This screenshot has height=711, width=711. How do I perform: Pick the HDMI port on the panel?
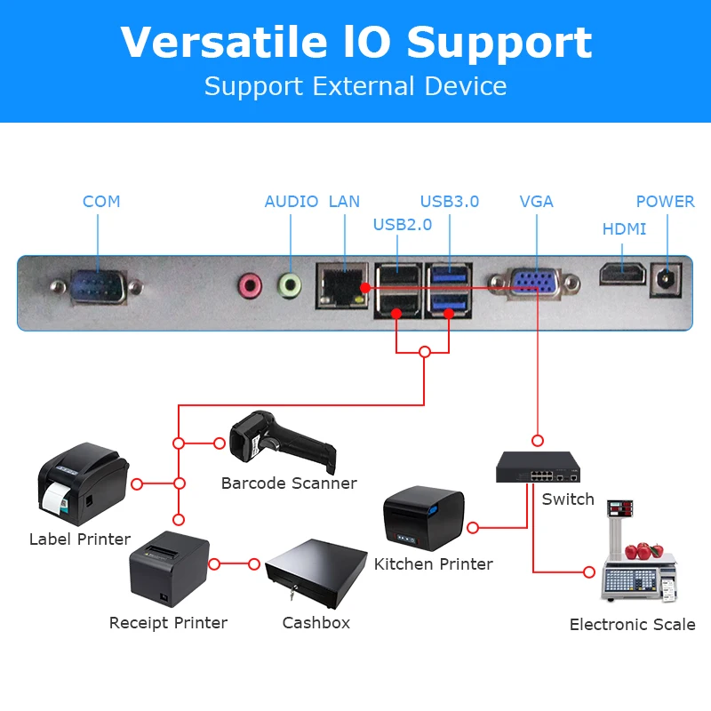621,274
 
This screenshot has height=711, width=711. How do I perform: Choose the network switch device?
539,467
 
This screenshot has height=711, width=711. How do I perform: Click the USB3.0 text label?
449,202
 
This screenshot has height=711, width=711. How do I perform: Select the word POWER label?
665,202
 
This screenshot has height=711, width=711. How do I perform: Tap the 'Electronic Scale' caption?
632,625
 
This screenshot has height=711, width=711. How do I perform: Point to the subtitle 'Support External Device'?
355,87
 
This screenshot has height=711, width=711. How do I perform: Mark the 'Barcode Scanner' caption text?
289,483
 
